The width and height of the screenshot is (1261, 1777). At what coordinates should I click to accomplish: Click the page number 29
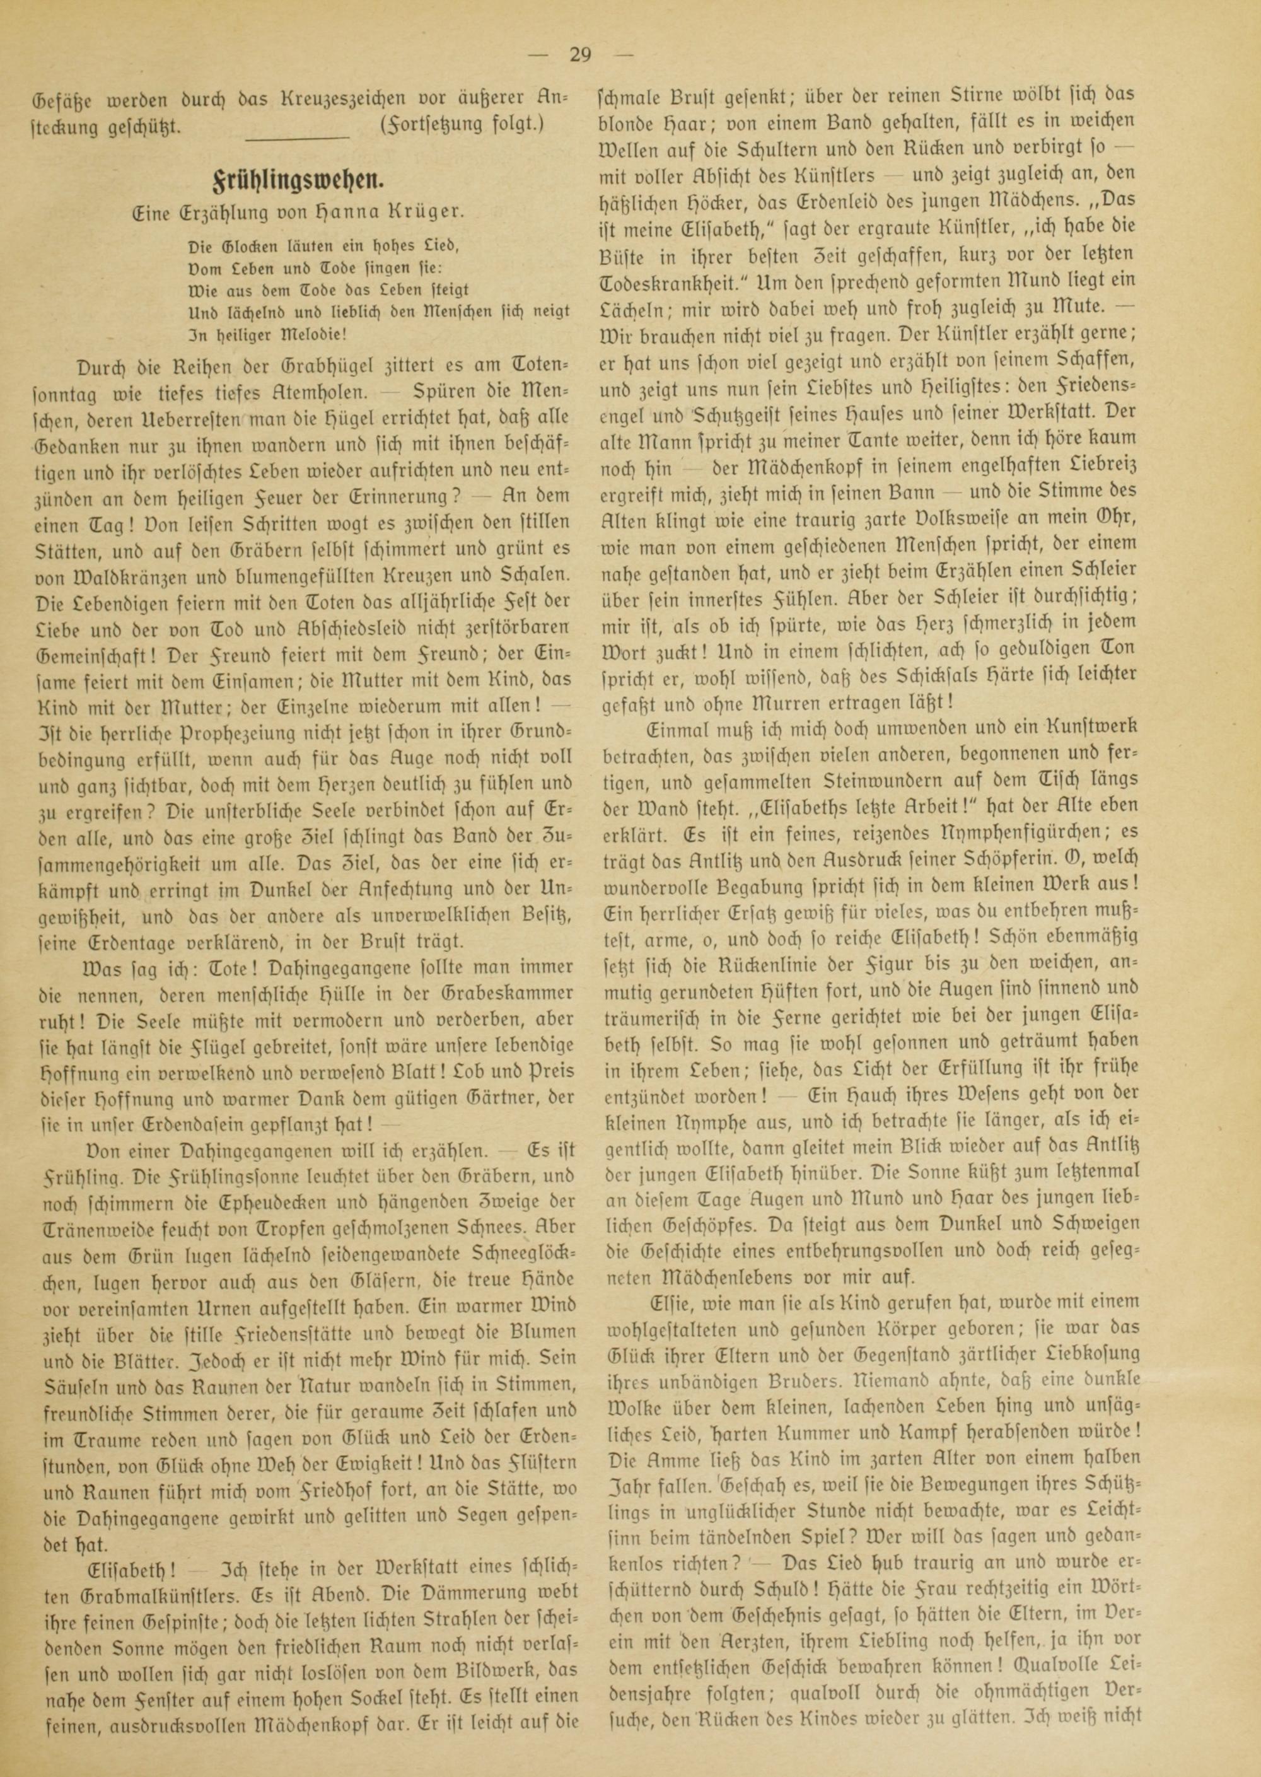tap(580, 55)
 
